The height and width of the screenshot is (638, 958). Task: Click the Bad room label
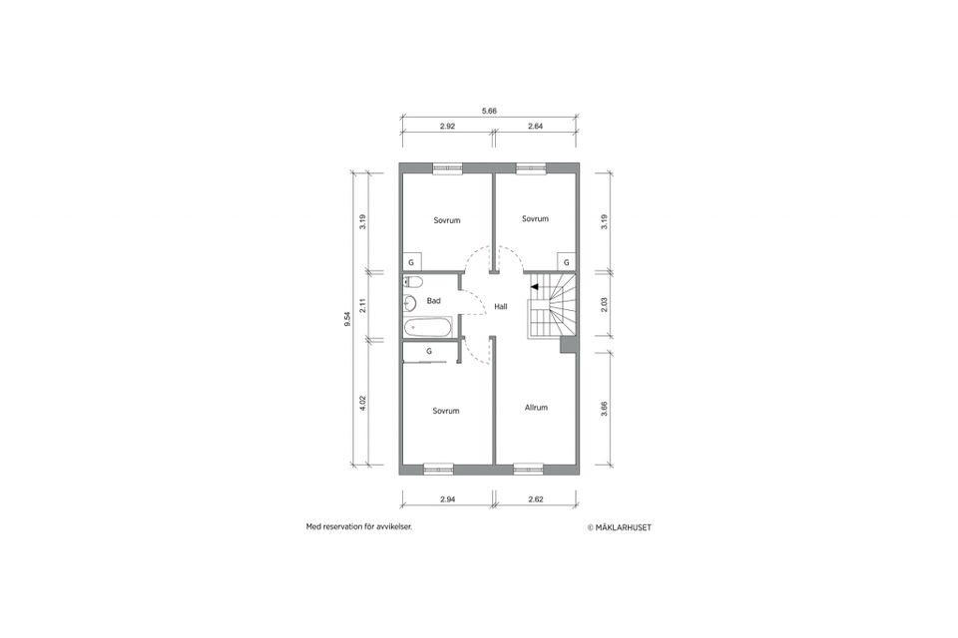point(434,301)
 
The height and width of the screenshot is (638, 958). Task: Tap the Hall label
point(501,306)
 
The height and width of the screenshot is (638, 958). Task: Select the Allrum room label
point(536,407)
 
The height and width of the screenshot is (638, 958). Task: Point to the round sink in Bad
point(410,302)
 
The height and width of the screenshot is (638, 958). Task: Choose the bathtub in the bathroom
point(428,327)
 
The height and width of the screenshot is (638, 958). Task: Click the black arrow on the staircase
point(535,286)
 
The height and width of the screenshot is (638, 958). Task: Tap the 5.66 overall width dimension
point(489,111)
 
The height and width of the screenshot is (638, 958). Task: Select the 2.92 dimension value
point(447,127)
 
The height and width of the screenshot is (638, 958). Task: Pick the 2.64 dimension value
point(535,127)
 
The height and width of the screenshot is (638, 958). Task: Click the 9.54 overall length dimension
point(347,319)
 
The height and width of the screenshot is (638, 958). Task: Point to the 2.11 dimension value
point(362,305)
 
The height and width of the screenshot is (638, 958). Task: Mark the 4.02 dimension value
point(362,404)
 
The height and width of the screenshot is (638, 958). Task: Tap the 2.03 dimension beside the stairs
point(605,305)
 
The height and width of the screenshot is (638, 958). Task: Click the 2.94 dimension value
point(448,499)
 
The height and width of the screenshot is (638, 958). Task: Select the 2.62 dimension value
point(536,499)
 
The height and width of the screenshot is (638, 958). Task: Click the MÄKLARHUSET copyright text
point(619,527)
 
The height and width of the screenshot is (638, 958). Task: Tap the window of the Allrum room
point(528,469)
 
